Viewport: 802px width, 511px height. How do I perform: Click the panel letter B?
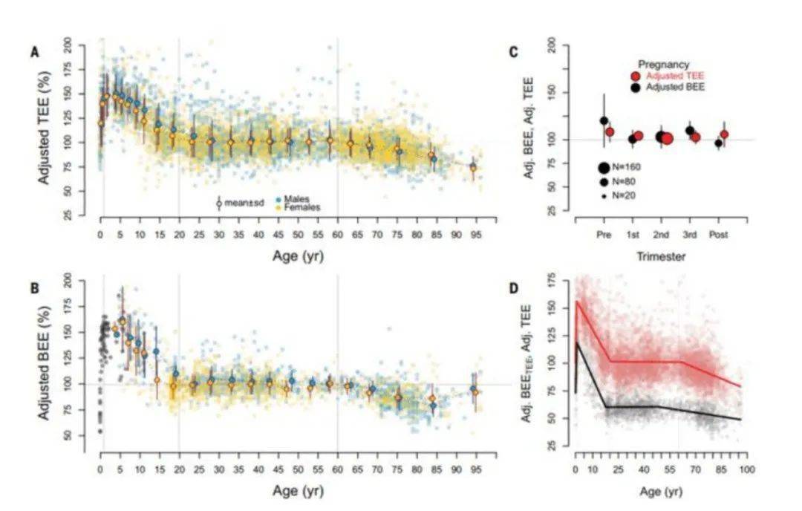[x=35, y=283]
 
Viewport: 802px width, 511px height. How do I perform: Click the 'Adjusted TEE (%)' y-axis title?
[x=45, y=130]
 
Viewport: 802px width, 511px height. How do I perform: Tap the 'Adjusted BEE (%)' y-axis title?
[x=45, y=361]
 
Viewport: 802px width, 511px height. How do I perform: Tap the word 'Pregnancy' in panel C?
[x=664, y=65]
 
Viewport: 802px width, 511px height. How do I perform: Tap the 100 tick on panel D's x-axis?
[x=746, y=470]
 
